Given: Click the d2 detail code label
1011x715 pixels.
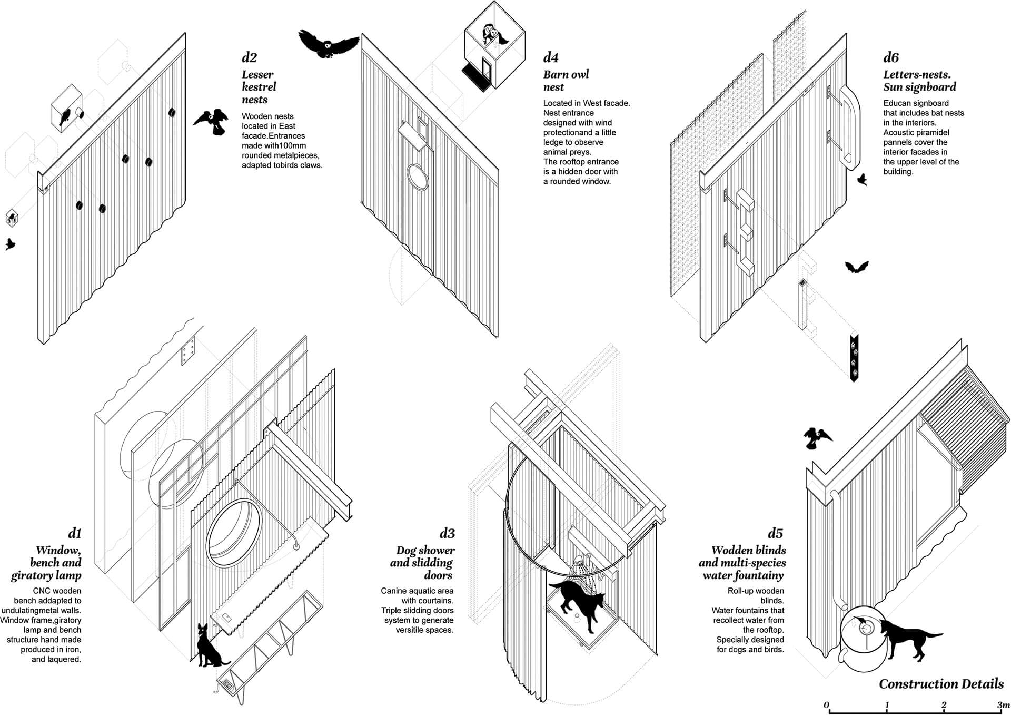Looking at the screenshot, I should point(250,57).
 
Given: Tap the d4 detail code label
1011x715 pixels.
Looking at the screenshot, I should point(551,57).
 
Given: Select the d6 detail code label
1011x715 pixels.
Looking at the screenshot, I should point(891,57).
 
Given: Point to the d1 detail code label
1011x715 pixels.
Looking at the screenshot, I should point(75,533).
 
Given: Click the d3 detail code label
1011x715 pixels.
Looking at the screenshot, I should point(447,533).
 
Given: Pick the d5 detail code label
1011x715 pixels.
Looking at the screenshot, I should point(776,533).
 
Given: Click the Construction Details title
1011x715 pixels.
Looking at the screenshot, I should point(941,684).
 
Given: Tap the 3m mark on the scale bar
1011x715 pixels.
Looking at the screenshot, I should point(1003,705).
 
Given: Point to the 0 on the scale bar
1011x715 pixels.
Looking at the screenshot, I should point(827,705).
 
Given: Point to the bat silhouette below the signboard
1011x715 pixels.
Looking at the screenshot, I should point(857,268).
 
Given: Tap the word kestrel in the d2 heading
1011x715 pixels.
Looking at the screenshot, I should point(259,87).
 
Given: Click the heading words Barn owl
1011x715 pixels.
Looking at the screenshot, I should point(566,74).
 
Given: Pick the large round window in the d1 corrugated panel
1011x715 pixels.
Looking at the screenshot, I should point(233,533).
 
